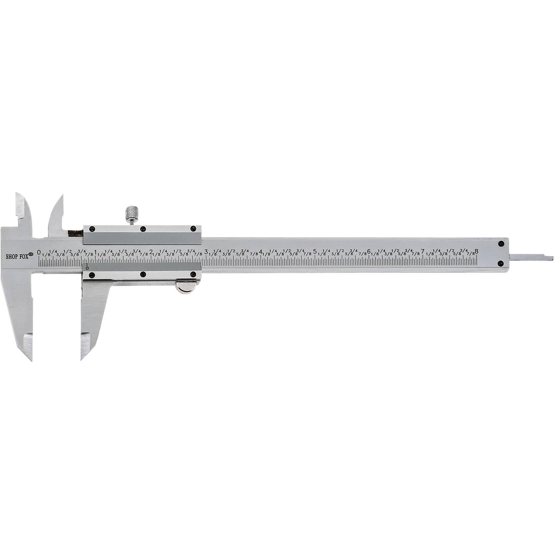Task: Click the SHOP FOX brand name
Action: click(19, 257)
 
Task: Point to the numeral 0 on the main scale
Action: click(39, 252)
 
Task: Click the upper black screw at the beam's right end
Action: click(501, 244)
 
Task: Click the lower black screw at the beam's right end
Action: click(501, 263)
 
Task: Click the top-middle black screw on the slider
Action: click(142, 229)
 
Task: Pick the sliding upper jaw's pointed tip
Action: click(62, 195)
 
